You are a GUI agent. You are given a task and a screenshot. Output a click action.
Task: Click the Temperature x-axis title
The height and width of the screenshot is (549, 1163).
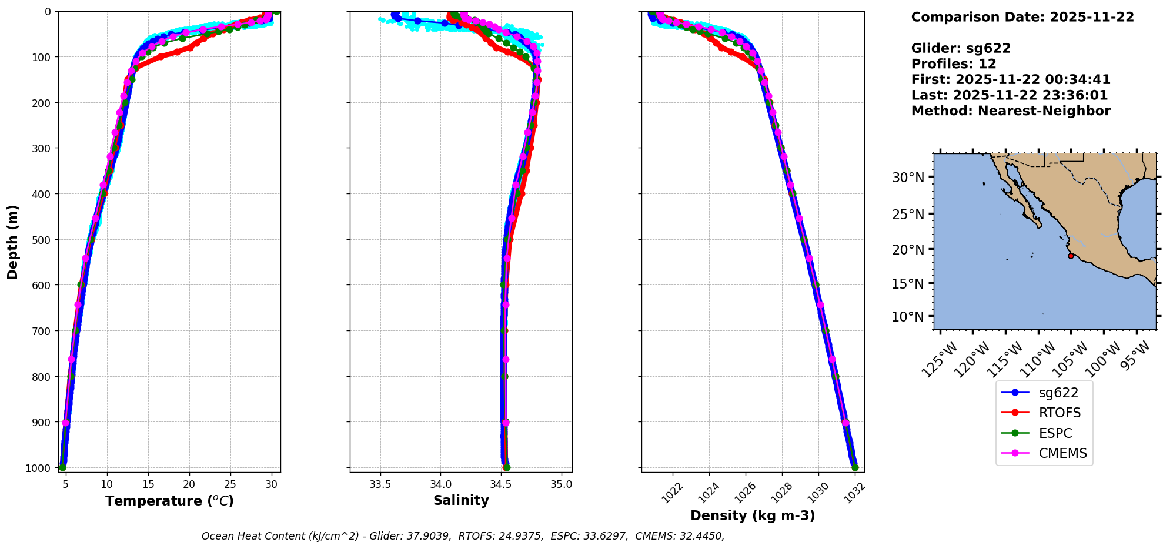(169, 501)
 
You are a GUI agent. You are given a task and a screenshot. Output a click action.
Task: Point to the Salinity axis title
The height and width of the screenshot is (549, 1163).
(461, 501)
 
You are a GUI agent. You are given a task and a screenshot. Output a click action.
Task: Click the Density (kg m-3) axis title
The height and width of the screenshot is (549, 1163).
(753, 516)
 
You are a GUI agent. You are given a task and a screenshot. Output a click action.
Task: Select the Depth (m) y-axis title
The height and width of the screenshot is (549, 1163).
(13, 242)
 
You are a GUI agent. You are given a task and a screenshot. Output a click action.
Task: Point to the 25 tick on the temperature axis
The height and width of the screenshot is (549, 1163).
(230, 484)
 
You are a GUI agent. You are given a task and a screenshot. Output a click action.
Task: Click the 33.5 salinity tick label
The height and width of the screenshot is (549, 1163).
(380, 484)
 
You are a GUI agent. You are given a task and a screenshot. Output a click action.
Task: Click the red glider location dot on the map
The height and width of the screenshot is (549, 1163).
(1071, 256)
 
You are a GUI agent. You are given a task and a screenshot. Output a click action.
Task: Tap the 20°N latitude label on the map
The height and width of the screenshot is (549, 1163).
(908, 250)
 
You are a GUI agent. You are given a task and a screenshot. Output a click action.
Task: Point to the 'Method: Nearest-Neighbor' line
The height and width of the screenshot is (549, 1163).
(1011, 111)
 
